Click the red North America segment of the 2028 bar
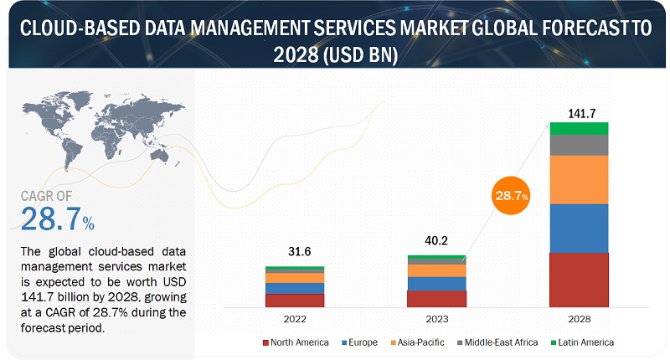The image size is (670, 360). point(579,280)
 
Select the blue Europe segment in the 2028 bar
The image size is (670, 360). point(579,228)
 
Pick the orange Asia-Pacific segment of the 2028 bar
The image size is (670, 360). point(579,179)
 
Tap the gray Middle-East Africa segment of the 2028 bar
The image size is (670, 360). point(579,145)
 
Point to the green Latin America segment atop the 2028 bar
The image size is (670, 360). point(579,128)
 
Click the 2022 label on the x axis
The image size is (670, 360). point(294,318)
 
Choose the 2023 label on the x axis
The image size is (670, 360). point(435,318)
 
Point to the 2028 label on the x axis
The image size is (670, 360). point(579,318)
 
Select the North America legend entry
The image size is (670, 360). point(294,342)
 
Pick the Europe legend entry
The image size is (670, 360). point(361,342)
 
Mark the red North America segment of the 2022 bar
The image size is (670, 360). point(294,300)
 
